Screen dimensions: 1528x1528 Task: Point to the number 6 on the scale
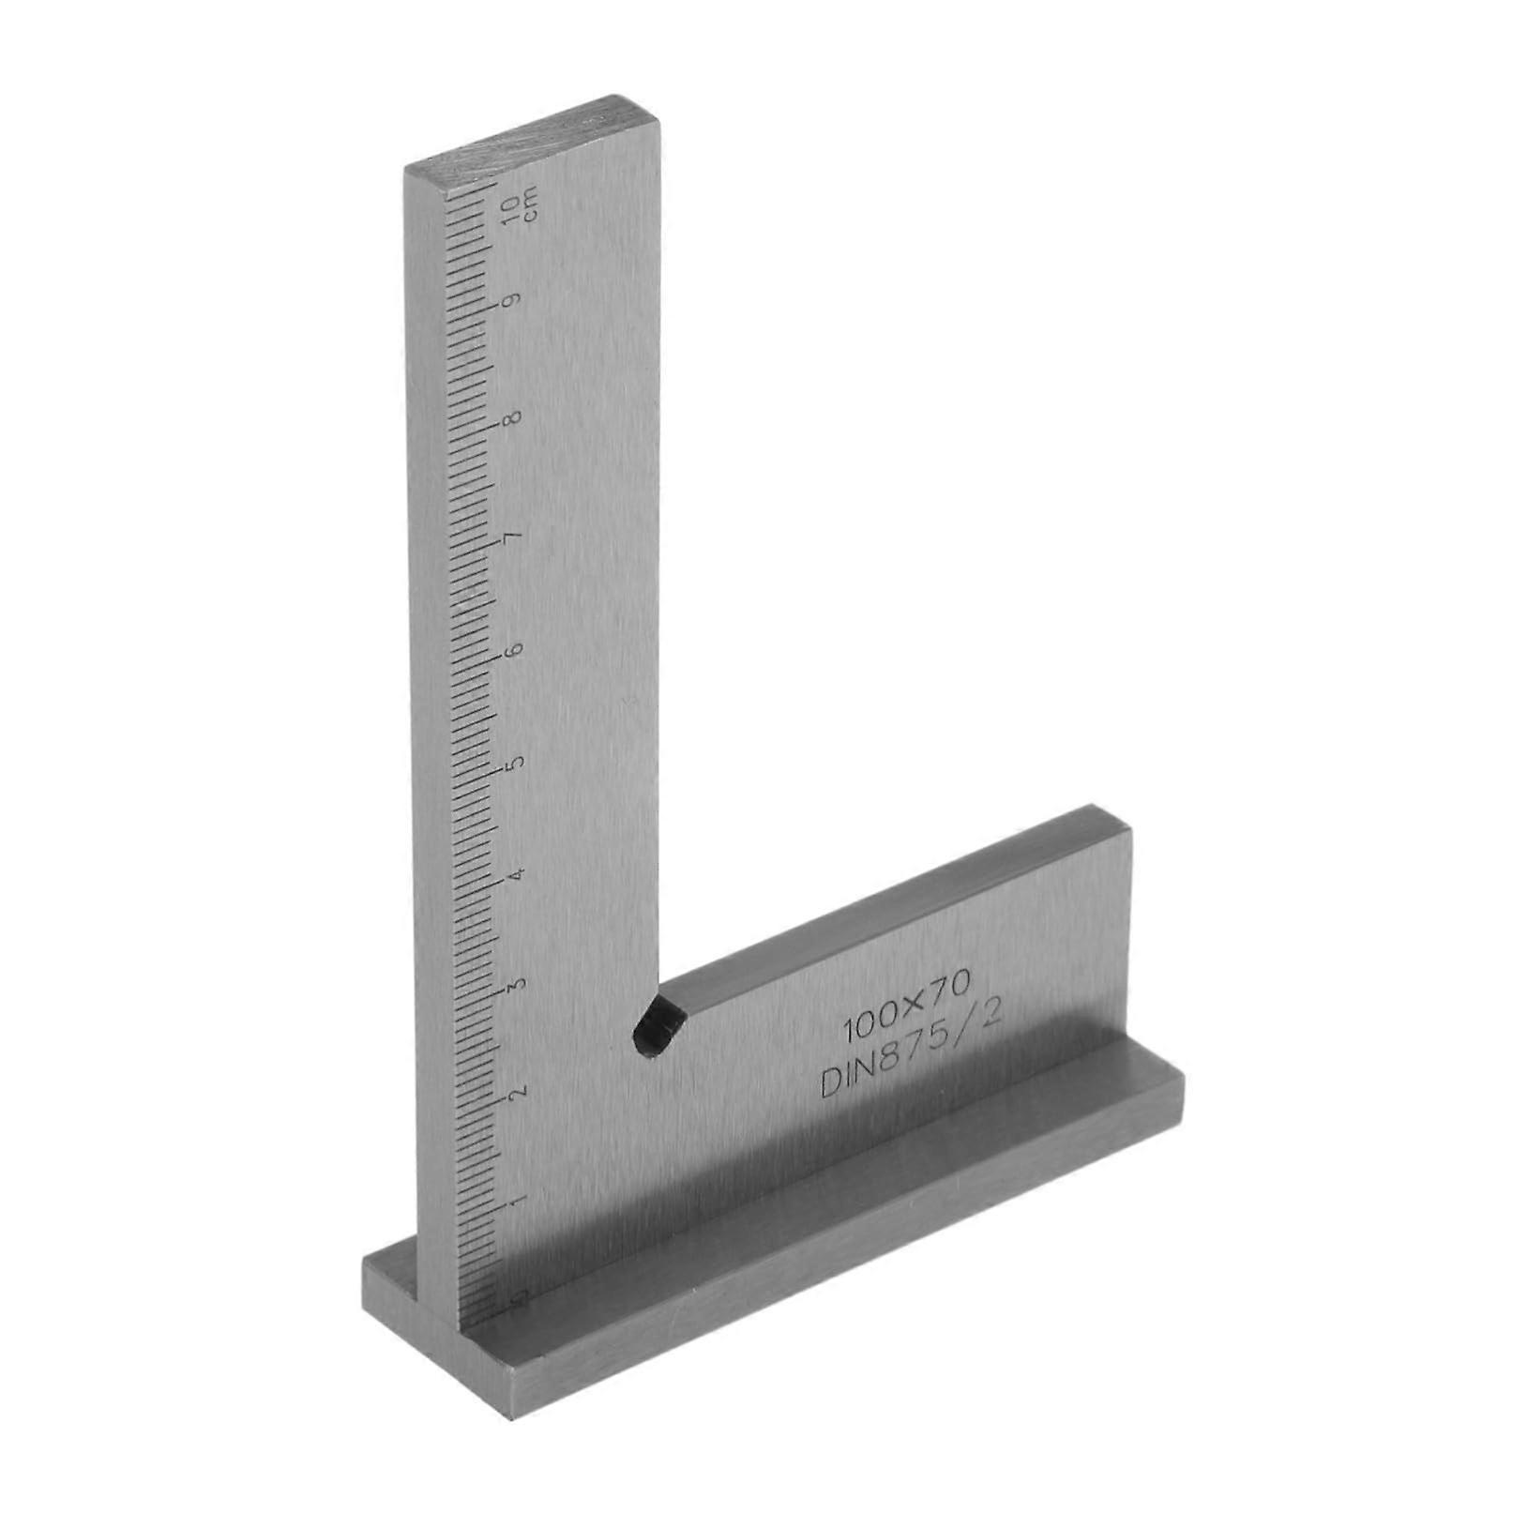coord(513,650)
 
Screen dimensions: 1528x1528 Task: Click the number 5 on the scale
coord(513,764)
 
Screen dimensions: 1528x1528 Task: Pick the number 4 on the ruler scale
coord(514,875)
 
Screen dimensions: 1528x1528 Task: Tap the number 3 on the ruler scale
coord(514,985)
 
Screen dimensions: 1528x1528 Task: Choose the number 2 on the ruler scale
coord(515,1093)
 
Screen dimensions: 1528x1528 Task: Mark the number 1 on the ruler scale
coord(515,1202)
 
